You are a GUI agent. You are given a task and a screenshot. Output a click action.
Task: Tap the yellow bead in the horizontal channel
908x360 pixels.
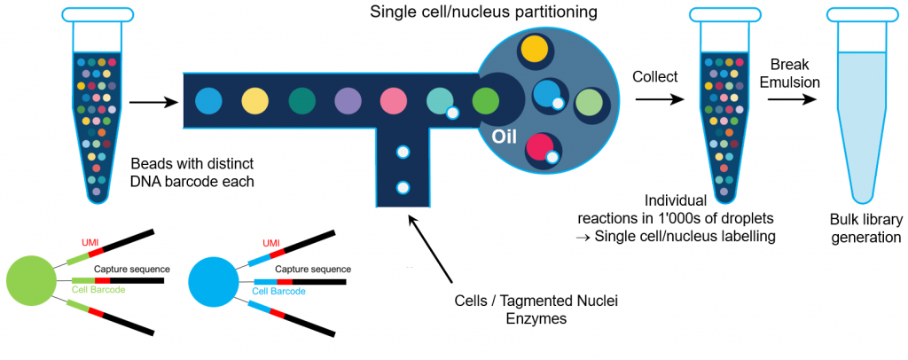coord(254,101)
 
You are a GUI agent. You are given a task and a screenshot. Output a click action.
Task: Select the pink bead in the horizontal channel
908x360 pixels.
coord(393,101)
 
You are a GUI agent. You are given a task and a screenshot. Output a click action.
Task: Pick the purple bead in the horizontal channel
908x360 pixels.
coord(347,101)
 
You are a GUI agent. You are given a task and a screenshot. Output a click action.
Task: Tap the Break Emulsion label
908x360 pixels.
coord(794,74)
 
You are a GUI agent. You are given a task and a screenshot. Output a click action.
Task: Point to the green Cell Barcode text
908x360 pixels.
coord(99,291)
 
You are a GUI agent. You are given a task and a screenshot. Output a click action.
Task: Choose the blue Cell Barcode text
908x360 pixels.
coord(279,291)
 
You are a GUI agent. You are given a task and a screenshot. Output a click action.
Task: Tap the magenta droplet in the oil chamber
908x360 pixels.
coord(540,149)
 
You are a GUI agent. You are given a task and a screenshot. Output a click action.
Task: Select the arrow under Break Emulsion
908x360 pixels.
coord(793,100)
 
